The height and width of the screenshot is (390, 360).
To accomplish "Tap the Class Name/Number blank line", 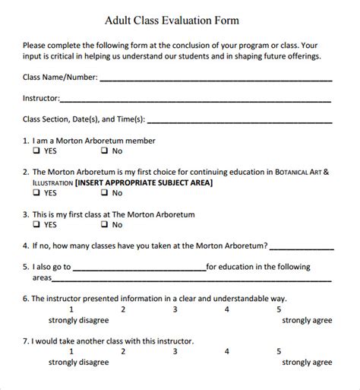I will tap(216, 79).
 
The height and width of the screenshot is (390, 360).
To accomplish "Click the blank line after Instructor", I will tap(195, 100).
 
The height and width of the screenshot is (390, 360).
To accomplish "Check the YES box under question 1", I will tap(36, 151).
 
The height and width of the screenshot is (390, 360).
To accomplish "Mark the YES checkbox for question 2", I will tap(36, 193).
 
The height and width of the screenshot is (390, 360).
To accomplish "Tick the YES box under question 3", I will tap(36, 225).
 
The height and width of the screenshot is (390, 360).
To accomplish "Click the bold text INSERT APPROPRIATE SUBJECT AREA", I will tap(144, 182).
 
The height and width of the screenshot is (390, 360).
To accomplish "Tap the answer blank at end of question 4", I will tap(302, 247).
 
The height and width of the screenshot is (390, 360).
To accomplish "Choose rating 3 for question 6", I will tap(175, 309).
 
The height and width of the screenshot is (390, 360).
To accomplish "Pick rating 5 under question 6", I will tap(279, 309).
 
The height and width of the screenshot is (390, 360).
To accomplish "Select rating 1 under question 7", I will tap(71, 351).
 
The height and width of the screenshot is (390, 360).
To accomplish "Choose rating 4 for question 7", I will tap(226, 351).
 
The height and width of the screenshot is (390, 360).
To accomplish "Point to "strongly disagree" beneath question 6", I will tap(71, 320).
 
